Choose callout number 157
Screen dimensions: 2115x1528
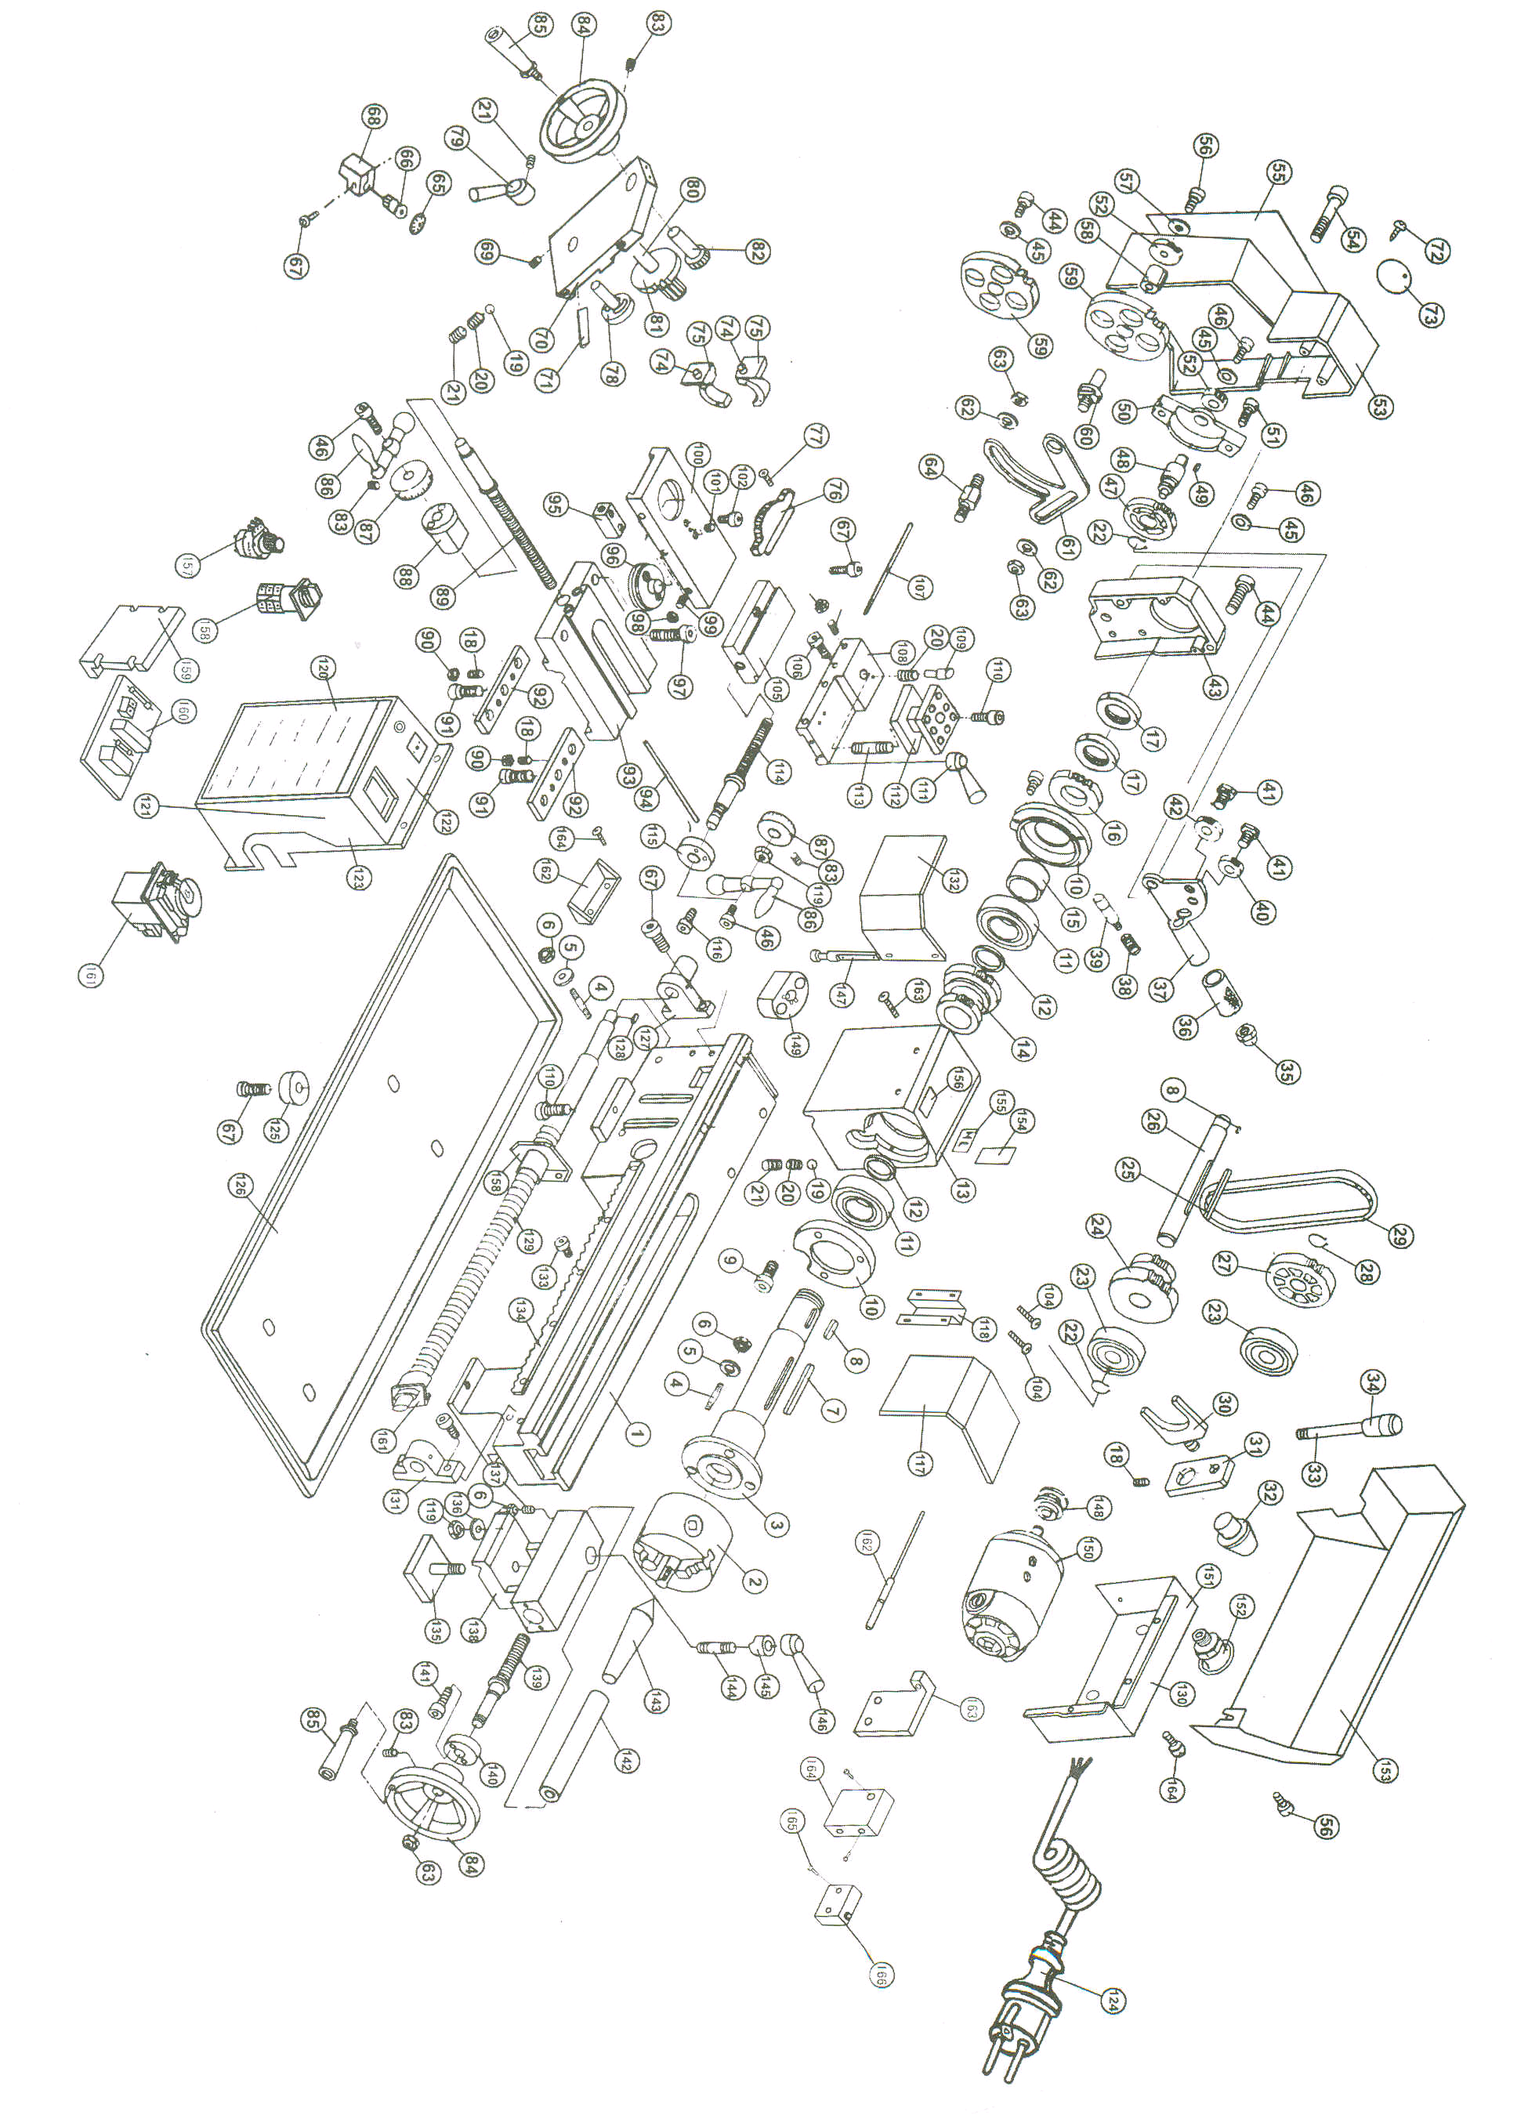point(187,565)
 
